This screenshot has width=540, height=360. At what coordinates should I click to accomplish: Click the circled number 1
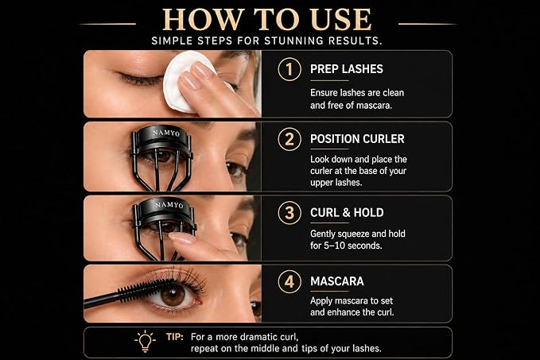(x=289, y=69)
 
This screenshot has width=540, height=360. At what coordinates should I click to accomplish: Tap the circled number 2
(x=289, y=139)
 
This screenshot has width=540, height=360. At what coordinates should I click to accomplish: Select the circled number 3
(x=289, y=213)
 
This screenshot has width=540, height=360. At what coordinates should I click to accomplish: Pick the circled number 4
(x=289, y=281)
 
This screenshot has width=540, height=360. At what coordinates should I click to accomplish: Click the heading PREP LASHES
(x=347, y=69)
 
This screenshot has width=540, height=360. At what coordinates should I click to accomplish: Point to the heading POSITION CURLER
(x=357, y=139)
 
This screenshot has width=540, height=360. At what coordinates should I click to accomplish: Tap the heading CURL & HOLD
(x=347, y=213)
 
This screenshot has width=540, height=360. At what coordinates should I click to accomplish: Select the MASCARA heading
(x=337, y=281)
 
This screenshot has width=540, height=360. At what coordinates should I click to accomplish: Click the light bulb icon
(x=145, y=341)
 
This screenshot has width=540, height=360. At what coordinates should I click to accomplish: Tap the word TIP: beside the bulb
(x=175, y=337)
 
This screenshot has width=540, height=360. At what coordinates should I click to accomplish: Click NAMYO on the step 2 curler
(x=166, y=133)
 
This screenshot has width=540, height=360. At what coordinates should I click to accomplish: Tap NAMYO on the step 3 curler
(x=169, y=205)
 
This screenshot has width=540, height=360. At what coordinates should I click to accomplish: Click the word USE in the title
(x=341, y=20)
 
